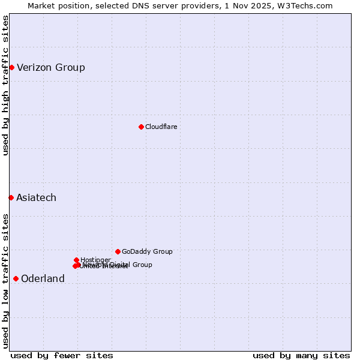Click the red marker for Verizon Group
coord(11,67)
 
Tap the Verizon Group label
coord(51,67)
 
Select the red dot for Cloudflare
coord(141,127)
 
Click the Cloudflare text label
coord(161,127)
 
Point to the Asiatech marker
coord(11,197)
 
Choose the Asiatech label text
coord(36,197)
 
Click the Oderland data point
coord(16,278)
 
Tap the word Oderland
coord(43,278)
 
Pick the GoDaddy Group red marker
coord(118,251)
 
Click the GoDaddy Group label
coord(147,251)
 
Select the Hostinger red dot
coord(76,260)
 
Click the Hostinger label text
coord(95,260)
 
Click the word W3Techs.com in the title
coord(308,5)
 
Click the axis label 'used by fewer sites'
coord(62,355)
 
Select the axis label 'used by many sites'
coord(301,355)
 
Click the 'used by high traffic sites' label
coord(5,85)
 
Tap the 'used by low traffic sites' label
coord(5,280)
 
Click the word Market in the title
coord(43,5)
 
